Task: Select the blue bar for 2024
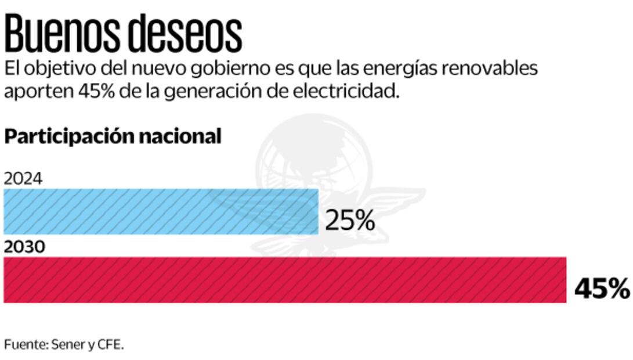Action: [161, 211]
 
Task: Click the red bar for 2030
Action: [285, 280]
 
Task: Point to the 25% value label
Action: [350, 221]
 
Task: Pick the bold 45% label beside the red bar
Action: [602, 289]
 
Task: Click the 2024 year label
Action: [23, 179]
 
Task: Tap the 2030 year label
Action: [24, 247]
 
